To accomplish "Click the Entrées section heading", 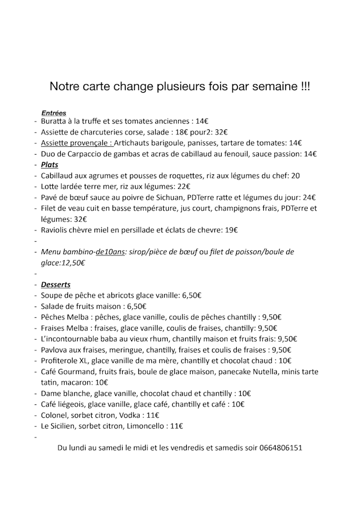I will coord(54,112).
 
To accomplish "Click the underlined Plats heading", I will coord(49,165).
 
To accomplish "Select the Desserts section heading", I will coord(56,285).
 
